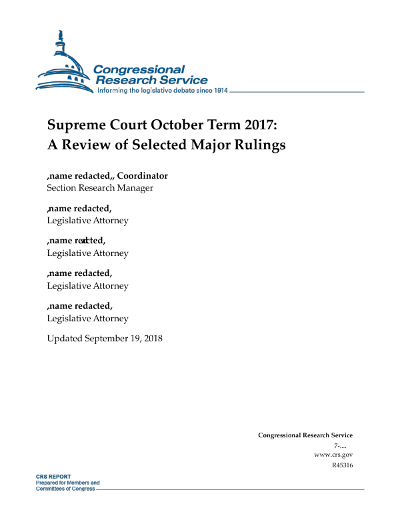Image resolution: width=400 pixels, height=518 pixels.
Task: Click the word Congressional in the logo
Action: [139, 70]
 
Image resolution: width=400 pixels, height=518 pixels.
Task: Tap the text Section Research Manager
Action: [100, 187]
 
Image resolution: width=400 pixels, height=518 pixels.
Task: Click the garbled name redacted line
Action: [76, 241]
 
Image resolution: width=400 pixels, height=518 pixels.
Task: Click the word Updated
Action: [65, 338]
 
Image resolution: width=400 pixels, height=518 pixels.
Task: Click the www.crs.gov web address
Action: [333, 454]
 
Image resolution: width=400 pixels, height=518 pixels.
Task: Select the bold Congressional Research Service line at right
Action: [305, 435]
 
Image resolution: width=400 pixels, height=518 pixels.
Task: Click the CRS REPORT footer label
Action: [53, 477]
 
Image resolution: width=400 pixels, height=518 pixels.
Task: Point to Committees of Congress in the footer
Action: [66, 489]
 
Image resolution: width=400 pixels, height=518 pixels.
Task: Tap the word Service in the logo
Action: [181, 80]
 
